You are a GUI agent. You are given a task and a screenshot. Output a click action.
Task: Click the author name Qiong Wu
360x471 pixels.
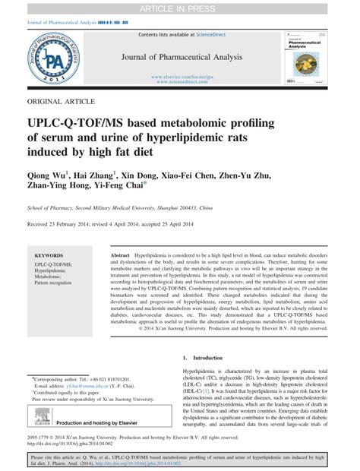pos(46,175)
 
